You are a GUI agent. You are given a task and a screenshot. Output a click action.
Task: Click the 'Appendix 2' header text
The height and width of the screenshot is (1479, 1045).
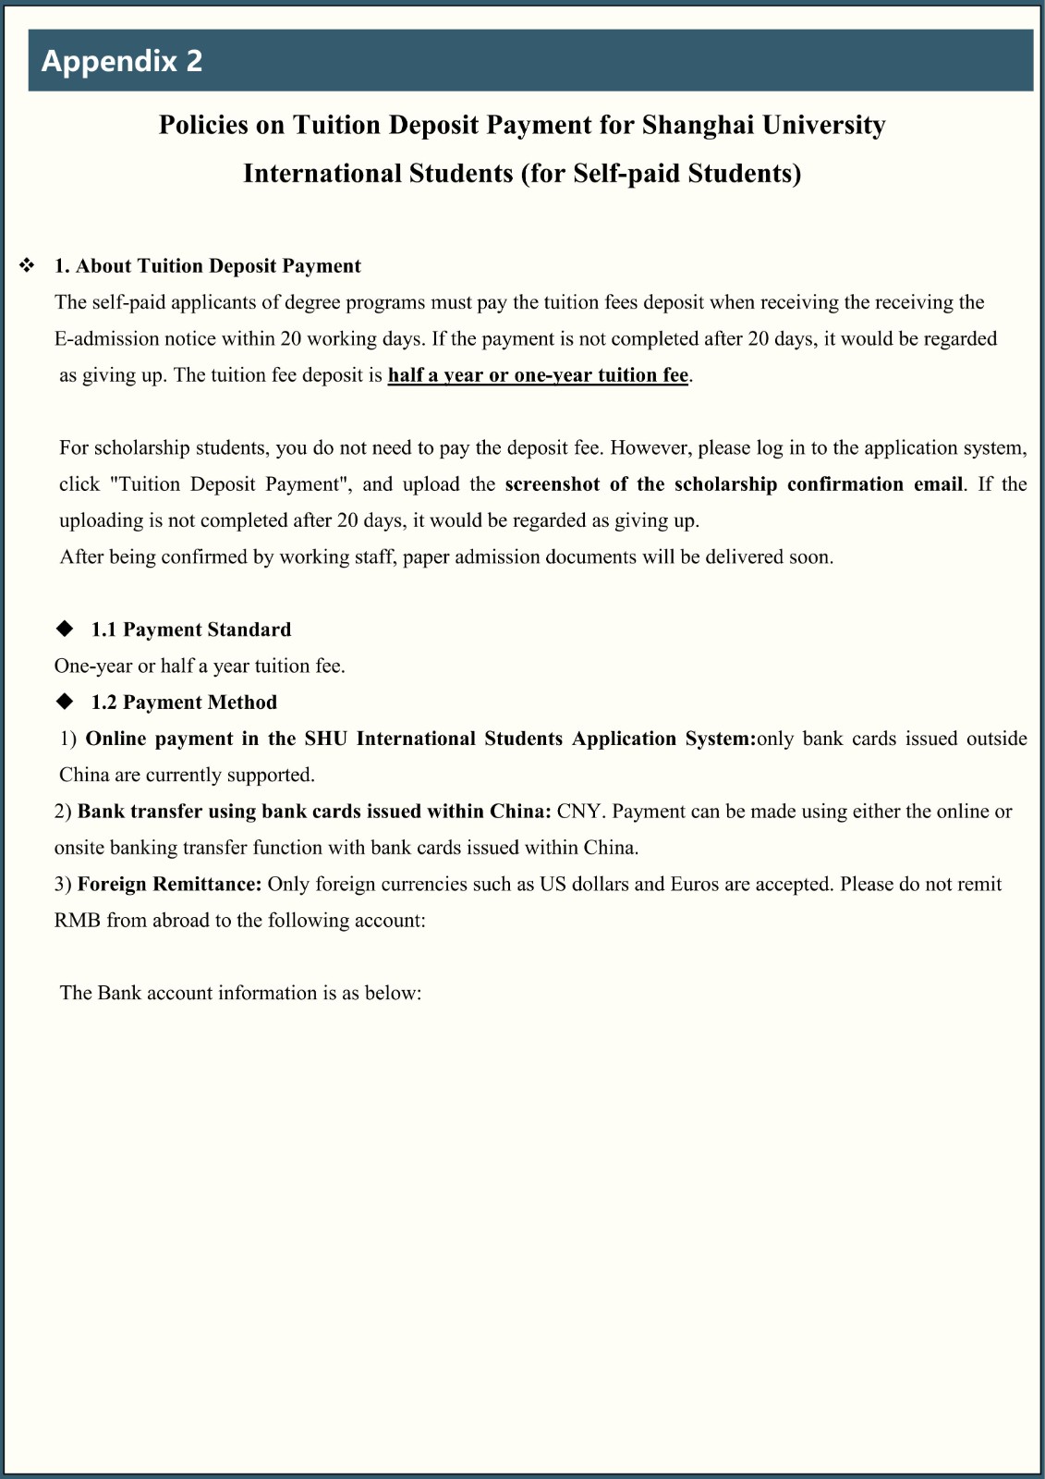(x=121, y=61)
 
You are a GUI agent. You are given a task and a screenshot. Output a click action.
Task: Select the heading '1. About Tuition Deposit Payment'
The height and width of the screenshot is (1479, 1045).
(x=207, y=266)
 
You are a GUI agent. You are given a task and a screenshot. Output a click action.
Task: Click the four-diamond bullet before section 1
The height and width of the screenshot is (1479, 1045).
(x=28, y=266)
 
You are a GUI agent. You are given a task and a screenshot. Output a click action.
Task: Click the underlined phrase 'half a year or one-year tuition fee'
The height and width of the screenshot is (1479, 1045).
(x=538, y=375)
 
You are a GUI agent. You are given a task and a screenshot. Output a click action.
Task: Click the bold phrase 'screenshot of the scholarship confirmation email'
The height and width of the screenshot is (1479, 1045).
(x=734, y=484)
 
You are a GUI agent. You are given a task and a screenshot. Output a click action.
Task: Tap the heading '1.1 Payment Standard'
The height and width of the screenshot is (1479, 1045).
(x=190, y=629)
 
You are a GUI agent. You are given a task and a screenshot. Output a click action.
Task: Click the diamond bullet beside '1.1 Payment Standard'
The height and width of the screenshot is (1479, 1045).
(x=65, y=629)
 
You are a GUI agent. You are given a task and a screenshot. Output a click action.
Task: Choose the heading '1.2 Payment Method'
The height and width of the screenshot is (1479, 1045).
(x=183, y=703)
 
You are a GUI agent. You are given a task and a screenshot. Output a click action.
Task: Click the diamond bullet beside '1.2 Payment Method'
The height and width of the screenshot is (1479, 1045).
(x=65, y=702)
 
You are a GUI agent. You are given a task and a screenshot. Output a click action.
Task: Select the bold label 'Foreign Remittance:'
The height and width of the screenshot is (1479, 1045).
(x=170, y=885)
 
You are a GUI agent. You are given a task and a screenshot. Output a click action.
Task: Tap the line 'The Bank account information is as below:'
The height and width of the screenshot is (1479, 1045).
(x=240, y=993)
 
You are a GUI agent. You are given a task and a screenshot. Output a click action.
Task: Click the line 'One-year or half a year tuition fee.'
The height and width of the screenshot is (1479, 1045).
(x=200, y=666)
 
